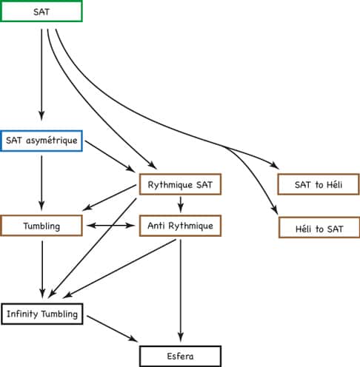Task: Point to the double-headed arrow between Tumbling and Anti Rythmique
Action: (111, 226)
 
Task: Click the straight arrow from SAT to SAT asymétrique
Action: (41, 75)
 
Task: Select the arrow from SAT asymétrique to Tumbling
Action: (41, 183)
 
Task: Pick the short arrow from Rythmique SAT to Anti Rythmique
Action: (181, 204)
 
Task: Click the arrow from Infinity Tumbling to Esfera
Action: (113, 329)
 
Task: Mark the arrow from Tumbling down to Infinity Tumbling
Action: (42, 269)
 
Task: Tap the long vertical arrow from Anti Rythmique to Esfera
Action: (181, 291)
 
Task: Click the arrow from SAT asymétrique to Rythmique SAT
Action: (110, 156)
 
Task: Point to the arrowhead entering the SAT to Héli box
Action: (275, 166)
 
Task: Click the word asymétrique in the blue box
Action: (52, 141)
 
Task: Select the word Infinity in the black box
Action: (23, 314)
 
